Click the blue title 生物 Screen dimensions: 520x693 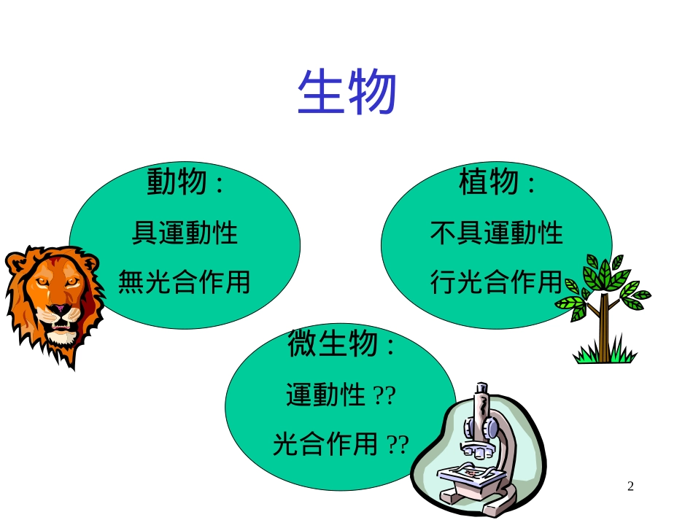click(346, 93)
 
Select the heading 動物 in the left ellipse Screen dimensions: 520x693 click(177, 182)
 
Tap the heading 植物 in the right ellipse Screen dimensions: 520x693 click(489, 182)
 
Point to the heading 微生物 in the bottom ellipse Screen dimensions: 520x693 click(333, 345)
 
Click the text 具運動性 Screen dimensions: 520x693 click(185, 233)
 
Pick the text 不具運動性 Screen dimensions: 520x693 click(497, 233)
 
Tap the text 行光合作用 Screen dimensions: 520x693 click(497, 282)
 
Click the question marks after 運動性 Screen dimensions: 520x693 click(384, 396)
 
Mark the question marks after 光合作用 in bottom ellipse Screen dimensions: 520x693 click(398, 444)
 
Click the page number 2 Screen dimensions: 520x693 click(631, 486)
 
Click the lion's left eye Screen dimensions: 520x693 click(44, 283)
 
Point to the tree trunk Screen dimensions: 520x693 click(603, 328)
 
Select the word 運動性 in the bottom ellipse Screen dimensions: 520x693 click(326, 396)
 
